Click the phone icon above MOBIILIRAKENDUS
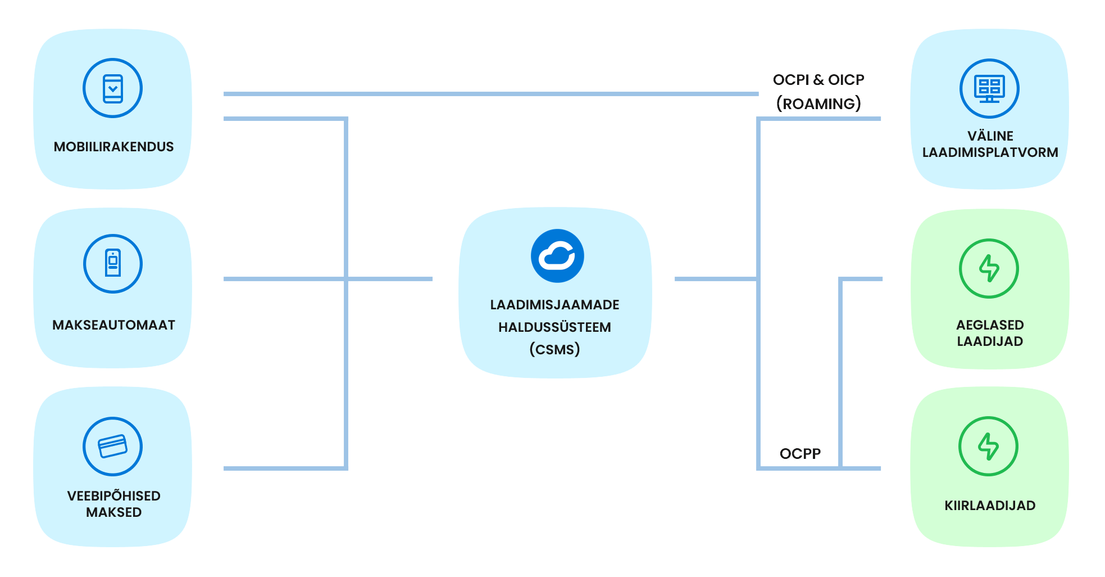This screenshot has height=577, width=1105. [112, 88]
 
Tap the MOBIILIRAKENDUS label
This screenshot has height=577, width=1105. [113, 147]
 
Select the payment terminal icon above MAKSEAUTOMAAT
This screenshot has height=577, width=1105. [113, 264]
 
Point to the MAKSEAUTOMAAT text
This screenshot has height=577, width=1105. [113, 325]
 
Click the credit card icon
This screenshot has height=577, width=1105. [112, 447]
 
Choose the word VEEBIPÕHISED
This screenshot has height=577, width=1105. [113, 495]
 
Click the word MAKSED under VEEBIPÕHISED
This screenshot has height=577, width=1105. [113, 512]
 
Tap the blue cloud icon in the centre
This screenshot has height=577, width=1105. [557, 256]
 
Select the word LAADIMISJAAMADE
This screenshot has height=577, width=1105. [554, 305]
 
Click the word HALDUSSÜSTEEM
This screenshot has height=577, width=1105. [554, 327]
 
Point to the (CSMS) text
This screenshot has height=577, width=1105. [554, 349]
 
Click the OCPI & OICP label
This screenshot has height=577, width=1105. [818, 80]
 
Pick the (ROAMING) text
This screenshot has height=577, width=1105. [818, 104]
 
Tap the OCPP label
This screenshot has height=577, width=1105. [800, 454]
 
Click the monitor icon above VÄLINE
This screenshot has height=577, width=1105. [989, 88]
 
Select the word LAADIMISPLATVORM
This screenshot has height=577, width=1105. [990, 152]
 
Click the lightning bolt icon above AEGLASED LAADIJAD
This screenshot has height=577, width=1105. [989, 268]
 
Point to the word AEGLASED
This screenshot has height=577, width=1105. [990, 325]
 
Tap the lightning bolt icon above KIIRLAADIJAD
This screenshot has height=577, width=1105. [988, 446]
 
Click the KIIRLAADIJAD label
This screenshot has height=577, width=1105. [990, 506]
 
